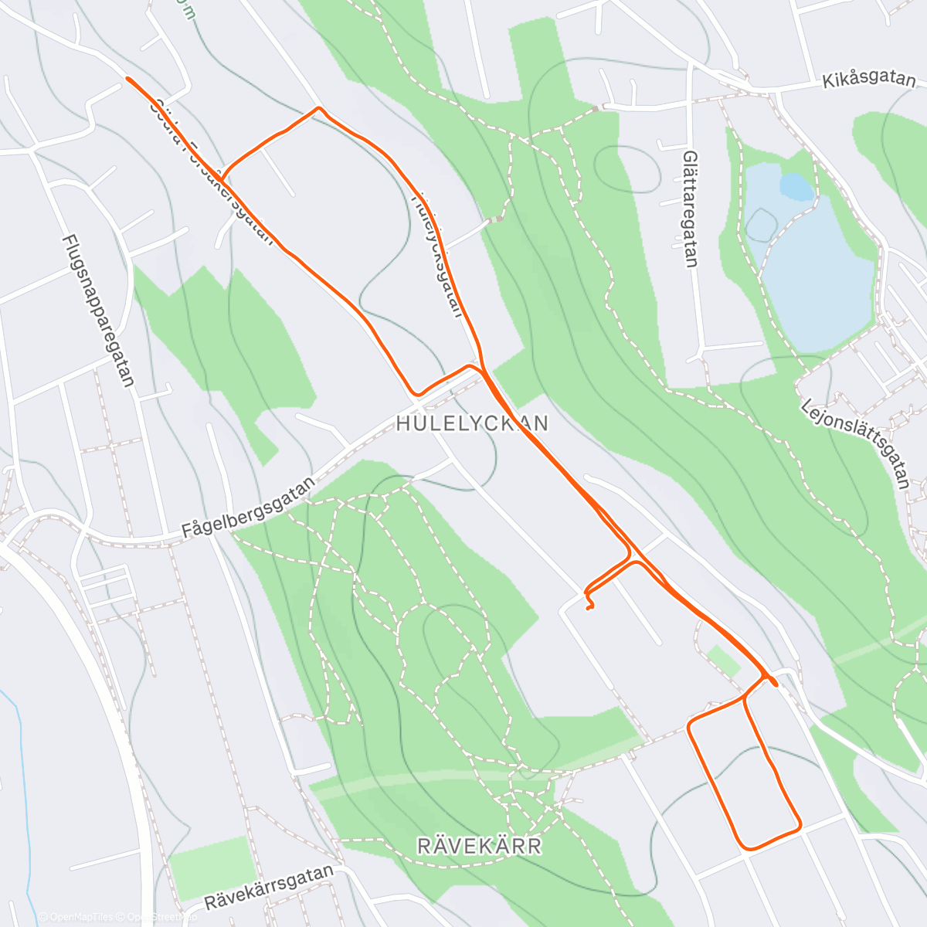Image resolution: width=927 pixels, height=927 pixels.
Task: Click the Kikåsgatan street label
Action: (x=869, y=80)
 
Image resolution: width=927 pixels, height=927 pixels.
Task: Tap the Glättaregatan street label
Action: (x=691, y=209)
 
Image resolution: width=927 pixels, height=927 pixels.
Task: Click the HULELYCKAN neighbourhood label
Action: (x=472, y=423)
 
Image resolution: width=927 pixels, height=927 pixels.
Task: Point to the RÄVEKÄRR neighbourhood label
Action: (x=479, y=846)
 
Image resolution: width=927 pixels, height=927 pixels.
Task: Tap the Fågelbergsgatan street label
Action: (x=249, y=508)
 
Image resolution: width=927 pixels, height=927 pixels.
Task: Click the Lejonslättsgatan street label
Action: (x=856, y=443)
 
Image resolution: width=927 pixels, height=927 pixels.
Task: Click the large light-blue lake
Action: (x=819, y=270)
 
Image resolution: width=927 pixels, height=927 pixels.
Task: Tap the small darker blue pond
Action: (x=796, y=186)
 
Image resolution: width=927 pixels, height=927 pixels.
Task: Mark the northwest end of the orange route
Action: (x=127, y=79)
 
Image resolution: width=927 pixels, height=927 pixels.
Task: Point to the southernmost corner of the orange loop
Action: (x=746, y=848)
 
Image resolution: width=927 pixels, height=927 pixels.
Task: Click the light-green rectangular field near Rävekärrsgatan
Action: (x=212, y=867)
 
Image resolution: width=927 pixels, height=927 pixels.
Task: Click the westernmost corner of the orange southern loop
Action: (x=689, y=725)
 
